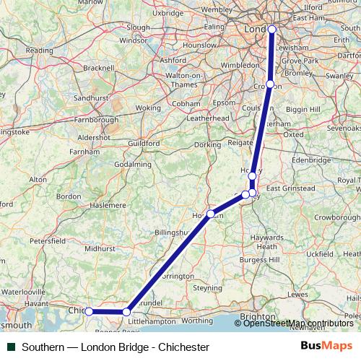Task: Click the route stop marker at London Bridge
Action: click(x=272, y=29)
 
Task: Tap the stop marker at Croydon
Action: click(x=269, y=84)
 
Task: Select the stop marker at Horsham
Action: click(x=210, y=214)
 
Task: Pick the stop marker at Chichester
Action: click(x=89, y=311)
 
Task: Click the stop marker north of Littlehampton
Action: click(x=126, y=311)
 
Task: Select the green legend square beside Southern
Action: click(x=9, y=347)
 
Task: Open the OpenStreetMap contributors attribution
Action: click(x=295, y=323)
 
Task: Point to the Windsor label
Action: click(x=133, y=40)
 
